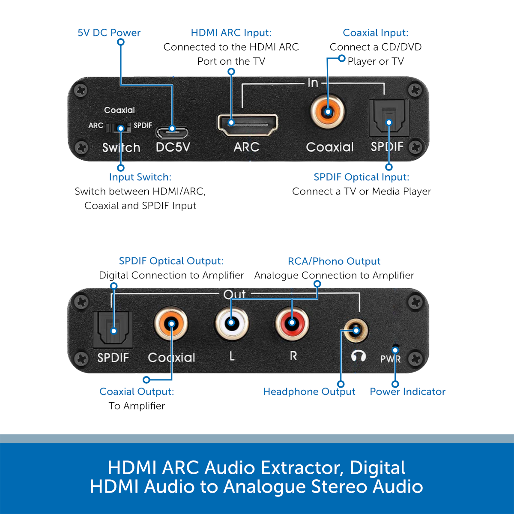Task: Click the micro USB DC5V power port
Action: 172,133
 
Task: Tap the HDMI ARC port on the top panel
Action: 248,125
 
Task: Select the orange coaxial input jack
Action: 328,112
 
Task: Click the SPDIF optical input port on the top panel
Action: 389,118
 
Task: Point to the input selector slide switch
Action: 118,128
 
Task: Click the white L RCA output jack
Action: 232,323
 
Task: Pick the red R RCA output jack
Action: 292,323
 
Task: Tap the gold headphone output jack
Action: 356,331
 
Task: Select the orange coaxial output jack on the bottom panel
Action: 171,323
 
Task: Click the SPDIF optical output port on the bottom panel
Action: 113,330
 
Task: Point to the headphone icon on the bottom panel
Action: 358,356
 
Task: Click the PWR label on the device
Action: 391,359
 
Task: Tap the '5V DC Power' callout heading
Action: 109,33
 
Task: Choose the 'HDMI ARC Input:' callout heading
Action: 231,33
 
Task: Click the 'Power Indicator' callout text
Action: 408,391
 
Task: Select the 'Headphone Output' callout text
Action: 309,391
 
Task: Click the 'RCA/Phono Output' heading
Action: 334,261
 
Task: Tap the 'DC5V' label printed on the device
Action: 173,147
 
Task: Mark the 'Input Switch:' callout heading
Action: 140,177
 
